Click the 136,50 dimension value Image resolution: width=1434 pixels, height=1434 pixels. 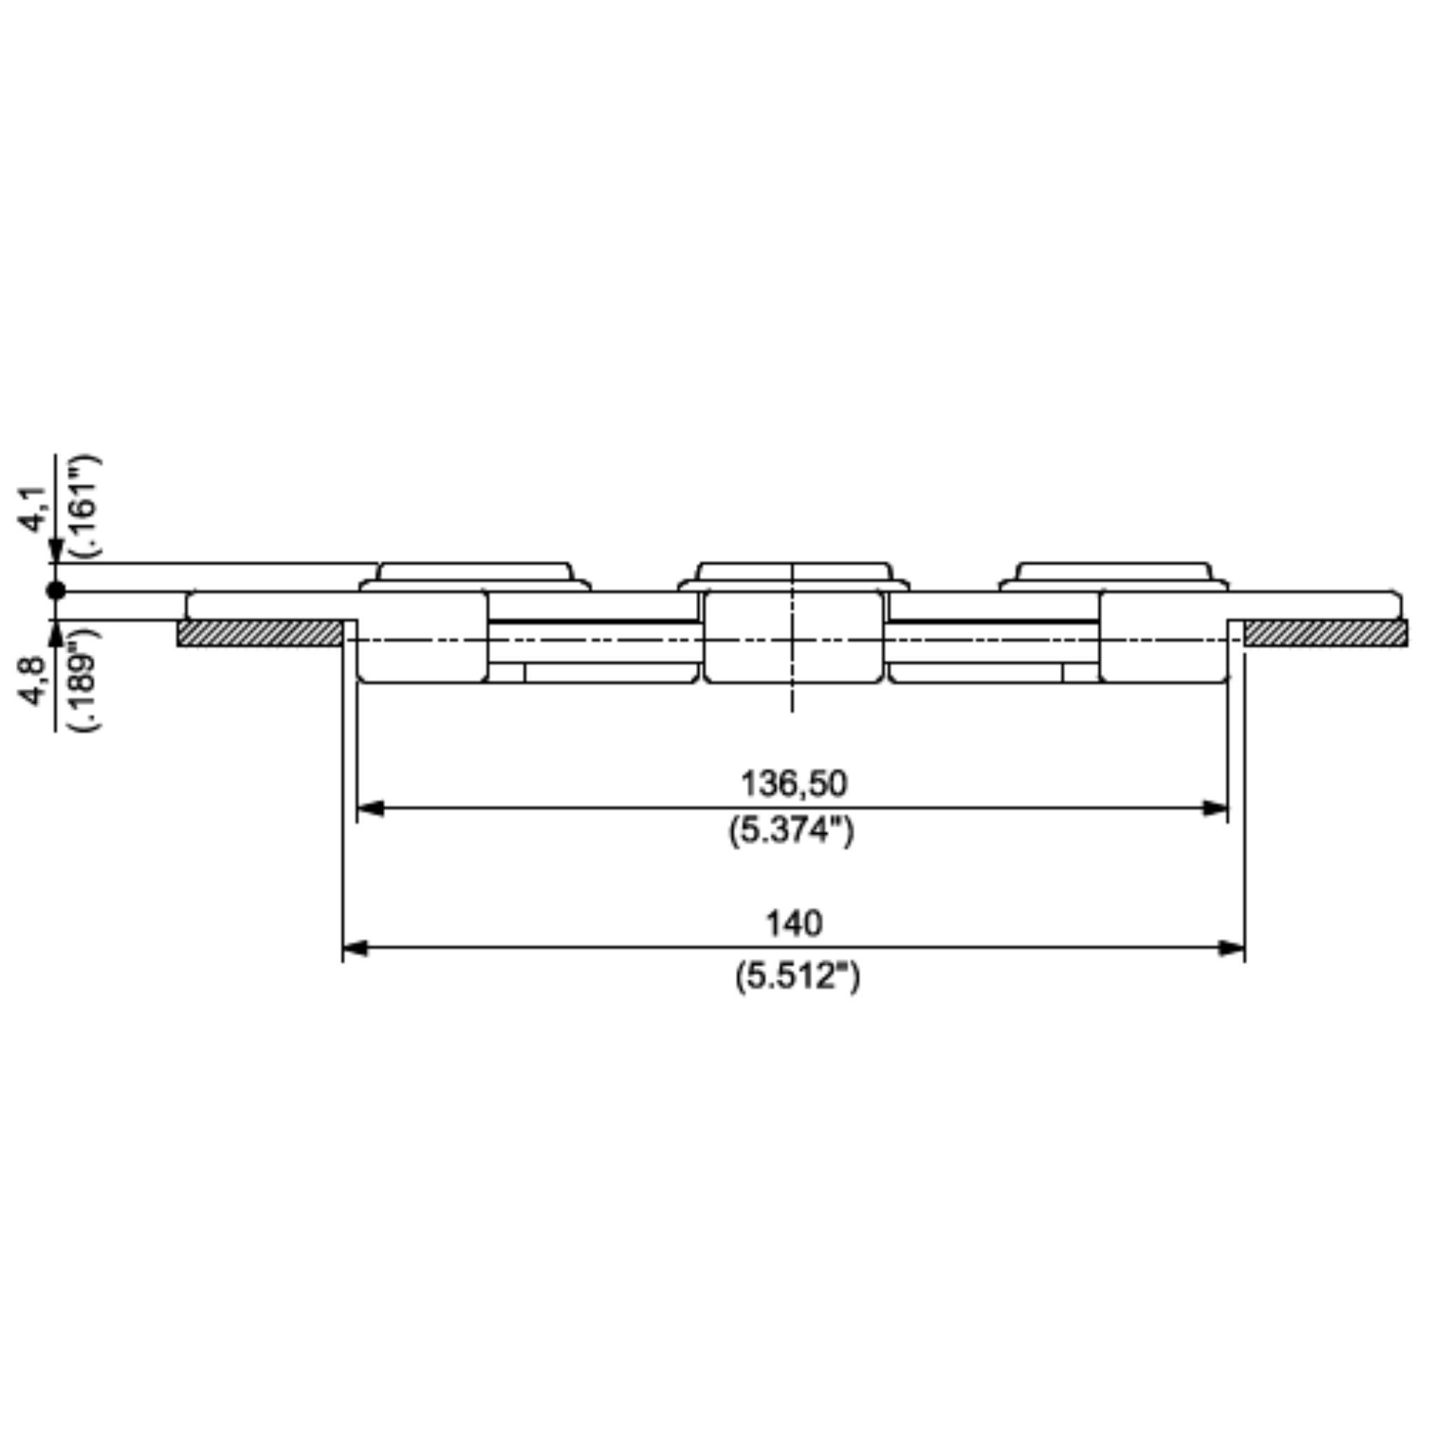tap(793, 784)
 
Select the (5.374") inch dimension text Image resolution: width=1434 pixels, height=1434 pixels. tap(791, 830)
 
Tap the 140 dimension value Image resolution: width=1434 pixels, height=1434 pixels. tap(793, 924)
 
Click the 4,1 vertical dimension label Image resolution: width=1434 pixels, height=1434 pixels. tap(34, 509)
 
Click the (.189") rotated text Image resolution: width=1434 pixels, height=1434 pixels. tap(88, 679)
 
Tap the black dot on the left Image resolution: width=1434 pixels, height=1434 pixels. tap(56, 591)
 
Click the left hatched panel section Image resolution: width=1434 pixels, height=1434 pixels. tap(260, 633)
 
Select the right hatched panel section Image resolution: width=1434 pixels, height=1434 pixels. tap(1325, 633)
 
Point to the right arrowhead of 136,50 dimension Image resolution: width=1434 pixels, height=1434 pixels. tap(1215, 808)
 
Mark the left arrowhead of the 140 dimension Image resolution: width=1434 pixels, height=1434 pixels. tap(355, 949)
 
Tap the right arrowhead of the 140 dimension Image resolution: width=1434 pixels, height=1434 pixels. tap(1232, 949)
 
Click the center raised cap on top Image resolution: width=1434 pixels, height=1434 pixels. tap(793, 572)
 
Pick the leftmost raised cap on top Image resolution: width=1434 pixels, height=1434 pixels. tap(475, 572)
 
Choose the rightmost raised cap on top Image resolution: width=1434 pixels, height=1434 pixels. tap(1113, 572)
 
